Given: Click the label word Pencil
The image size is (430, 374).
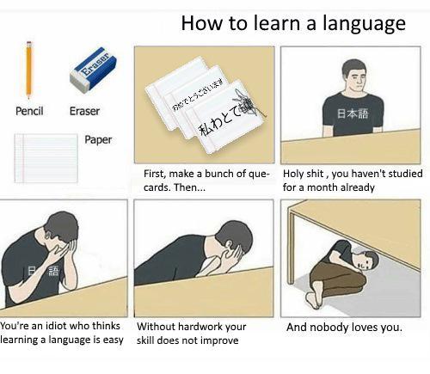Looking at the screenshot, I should (x=30, y=111).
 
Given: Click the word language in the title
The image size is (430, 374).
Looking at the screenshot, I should (x=359, y=24).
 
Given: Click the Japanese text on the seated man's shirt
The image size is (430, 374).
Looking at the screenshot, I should (x=350, y=113).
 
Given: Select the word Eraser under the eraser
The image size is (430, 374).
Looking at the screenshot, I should (x=84, y=111).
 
